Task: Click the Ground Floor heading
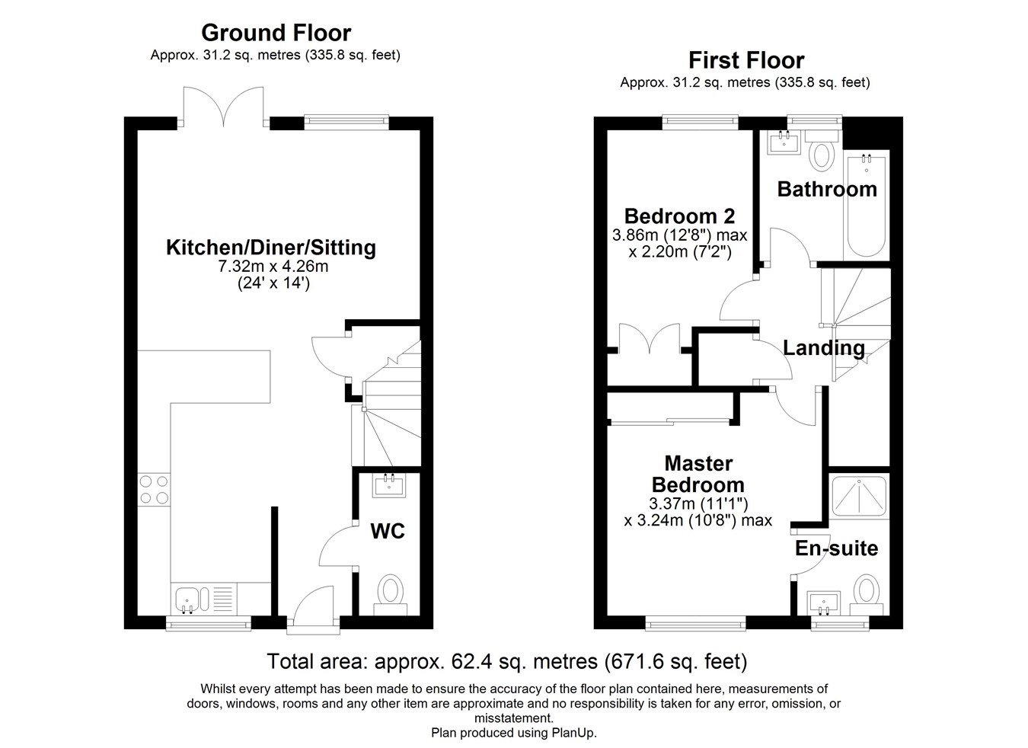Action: [x=276, y=33]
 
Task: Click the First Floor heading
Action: [x=745, y=60]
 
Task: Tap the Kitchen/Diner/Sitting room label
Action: [x=271, y=248]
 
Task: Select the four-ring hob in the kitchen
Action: [x=153, y=490]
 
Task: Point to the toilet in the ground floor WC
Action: [x=391, y=593]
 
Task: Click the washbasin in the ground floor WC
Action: [x=389, y=484]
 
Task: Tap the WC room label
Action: [x=387, y=531]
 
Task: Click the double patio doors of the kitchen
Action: [x=223, y=107]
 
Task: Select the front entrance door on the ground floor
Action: [x=313, y=609]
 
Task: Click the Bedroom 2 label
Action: [x=679, y=216]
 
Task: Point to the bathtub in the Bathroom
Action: [x=866, y=206]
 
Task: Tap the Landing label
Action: [x=823, y=348]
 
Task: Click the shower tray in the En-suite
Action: [x=859, y=497]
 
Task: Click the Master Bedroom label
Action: [x=698, y=474]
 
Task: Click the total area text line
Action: [x=506, y=661]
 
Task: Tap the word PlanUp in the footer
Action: [x=573, y=733]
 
